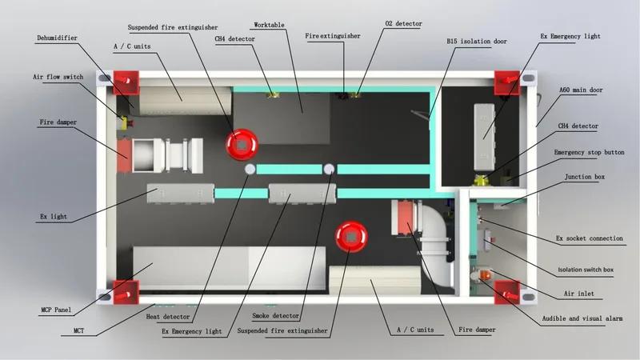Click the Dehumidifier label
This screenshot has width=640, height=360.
[57, 38]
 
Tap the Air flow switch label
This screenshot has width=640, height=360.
[58, 77]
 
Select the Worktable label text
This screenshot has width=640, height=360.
[269, 25]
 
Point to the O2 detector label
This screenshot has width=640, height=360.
[404, 24]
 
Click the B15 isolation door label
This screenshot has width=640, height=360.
[477, 42]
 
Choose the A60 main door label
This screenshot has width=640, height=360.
[581, 90]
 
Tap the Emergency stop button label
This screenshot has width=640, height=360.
[589, 152]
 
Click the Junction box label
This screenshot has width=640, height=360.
[585, 177]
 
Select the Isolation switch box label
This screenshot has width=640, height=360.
[586, 270]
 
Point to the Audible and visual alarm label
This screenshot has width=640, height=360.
[582, 318]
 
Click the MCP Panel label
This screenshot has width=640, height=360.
[56, 310]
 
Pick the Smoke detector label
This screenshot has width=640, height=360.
[275, 315]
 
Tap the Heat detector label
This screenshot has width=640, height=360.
[168, 316]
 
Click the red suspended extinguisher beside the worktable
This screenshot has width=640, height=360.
[242, 145]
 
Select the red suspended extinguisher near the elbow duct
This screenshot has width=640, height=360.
[351, 237]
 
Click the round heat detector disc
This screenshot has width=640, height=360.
[250, 169]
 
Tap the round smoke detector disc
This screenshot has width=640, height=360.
[329, 169]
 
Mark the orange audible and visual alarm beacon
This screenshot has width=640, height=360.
[485, 274]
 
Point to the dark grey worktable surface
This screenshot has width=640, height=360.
[282, 118]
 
